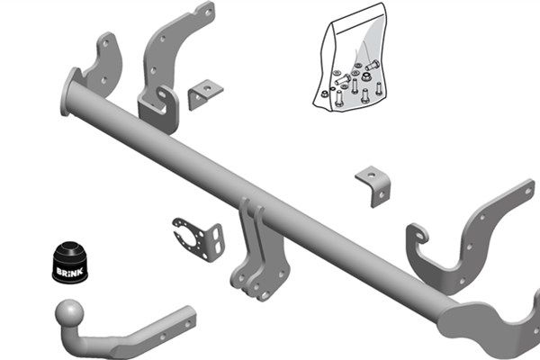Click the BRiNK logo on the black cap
coord(70,272)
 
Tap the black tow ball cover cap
coord(70,262)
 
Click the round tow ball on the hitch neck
coord(69,312)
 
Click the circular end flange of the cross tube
coord(67,92)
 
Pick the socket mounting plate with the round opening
coord(199,239)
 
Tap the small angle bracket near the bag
coord(205,94)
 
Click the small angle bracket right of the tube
coord(373,186)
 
